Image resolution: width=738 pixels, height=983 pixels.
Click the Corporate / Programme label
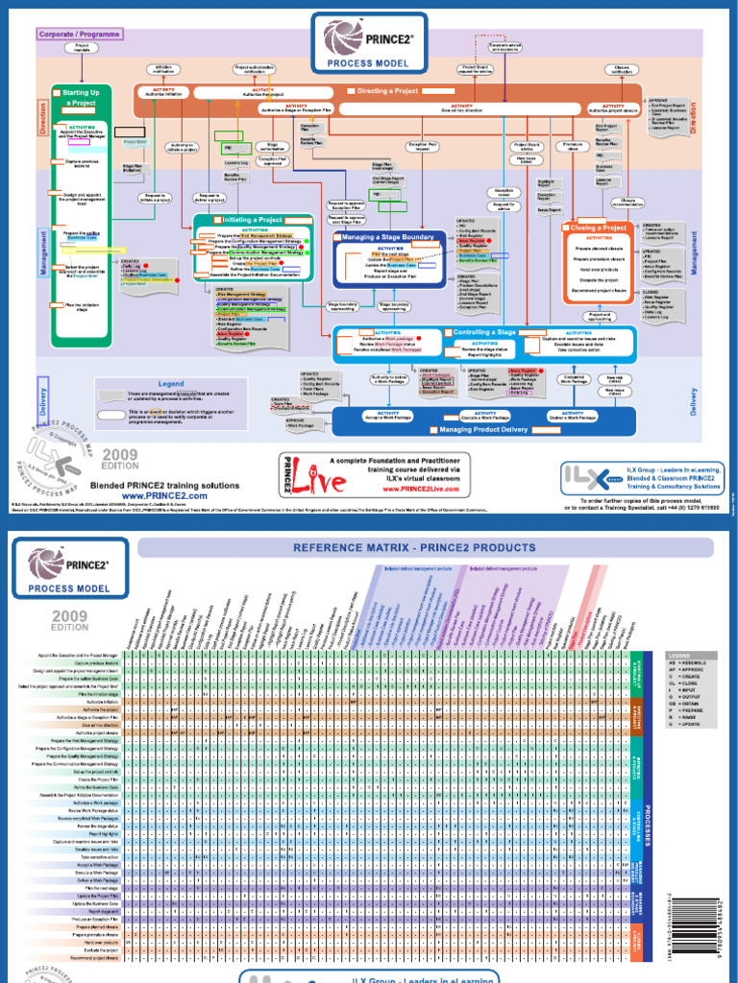click(x=80, y=34)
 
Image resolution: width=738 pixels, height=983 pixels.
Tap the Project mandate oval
click(x=83, y=47)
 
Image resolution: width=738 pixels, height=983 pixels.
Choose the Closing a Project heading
click(x=599, y=228)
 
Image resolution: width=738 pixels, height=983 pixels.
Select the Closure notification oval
click(x=623, y=69)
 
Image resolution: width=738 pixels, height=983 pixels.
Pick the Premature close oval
click(x=572, y=146)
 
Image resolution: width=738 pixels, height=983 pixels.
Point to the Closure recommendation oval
click(x=627, y=203)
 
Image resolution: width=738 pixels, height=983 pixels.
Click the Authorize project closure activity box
click(x=613, y=108)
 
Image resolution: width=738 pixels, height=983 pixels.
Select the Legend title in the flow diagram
click(x=171, y=383)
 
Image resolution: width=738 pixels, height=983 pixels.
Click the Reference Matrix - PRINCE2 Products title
click(x=426, y=548)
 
